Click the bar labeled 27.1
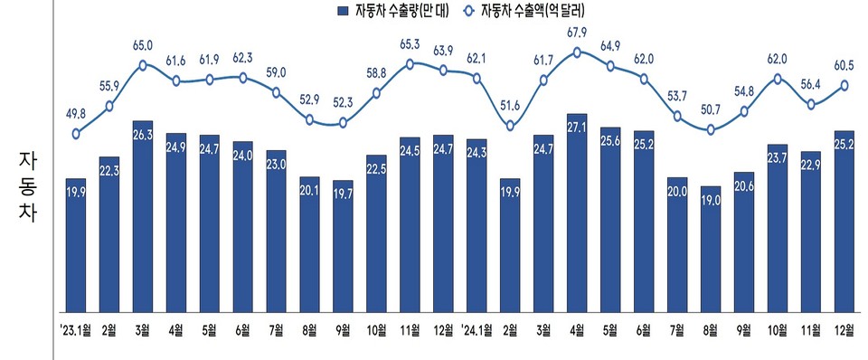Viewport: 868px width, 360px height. [x=578, y=212]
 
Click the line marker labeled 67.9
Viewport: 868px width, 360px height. [x=578, y=52]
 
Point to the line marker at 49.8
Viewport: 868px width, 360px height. [x=76, y=134]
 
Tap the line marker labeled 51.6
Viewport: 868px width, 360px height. [x=511, y=126]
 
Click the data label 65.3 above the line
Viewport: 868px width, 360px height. [x=410, y=43]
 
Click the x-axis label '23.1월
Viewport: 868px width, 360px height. [x=76, y=328]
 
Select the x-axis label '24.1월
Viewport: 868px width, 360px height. [x=477, y=328]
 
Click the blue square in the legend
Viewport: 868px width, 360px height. [x=342, y=12]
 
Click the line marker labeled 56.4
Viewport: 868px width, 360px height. [x=811, y=104]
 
